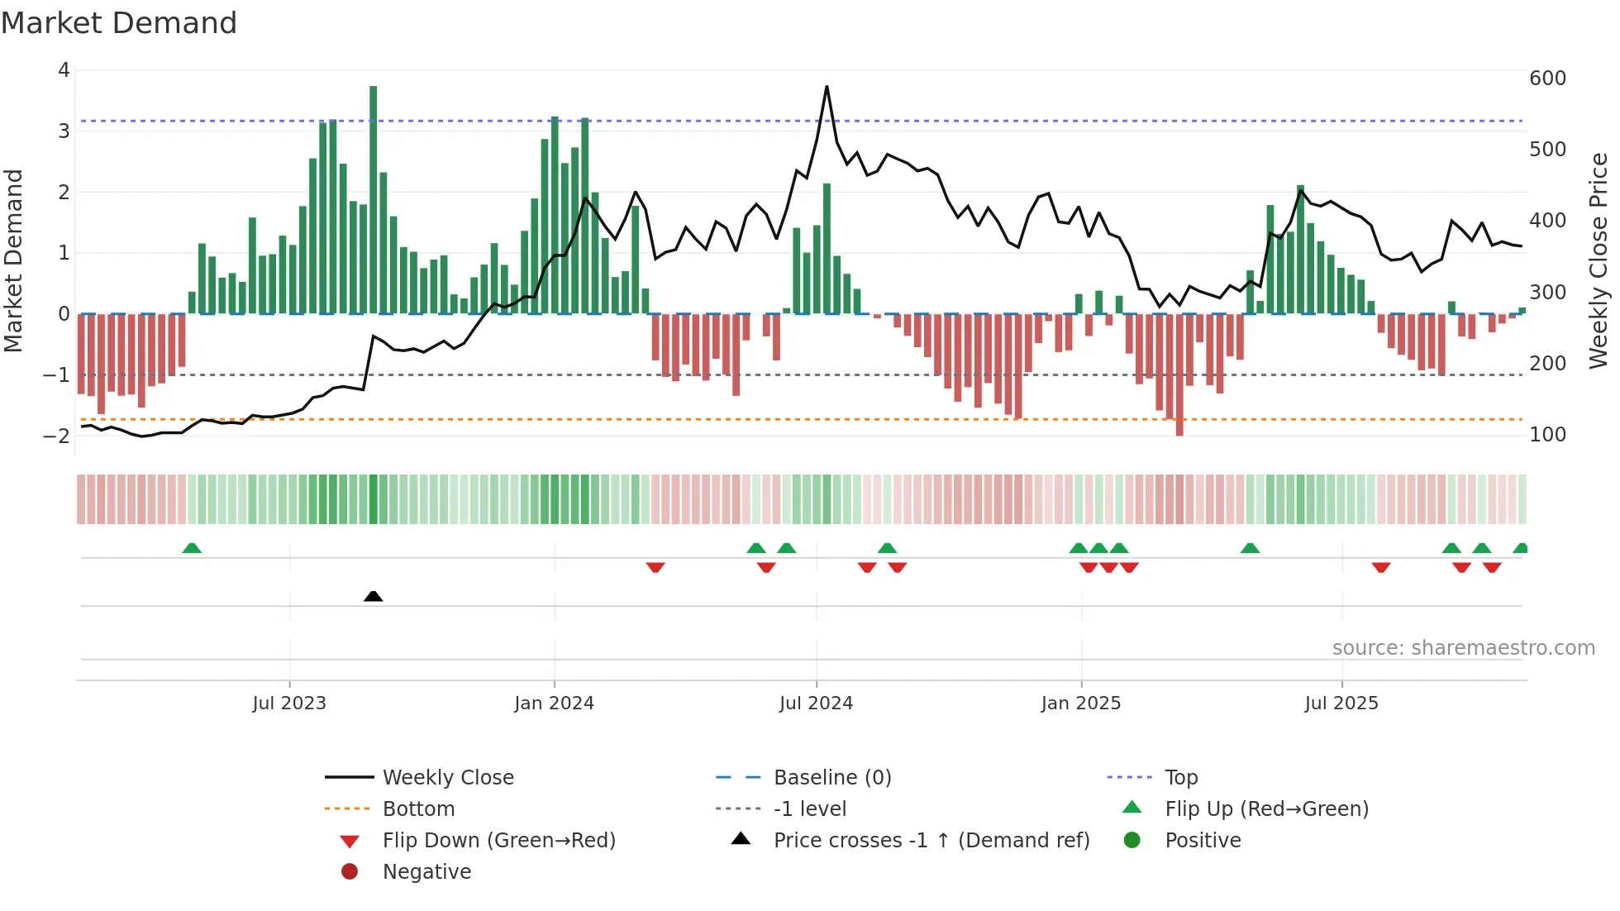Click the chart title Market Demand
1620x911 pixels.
[119, 23]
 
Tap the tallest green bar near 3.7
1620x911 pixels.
[374, 198]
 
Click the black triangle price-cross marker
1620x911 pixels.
[374, 596]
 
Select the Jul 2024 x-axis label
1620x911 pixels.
[816, 704]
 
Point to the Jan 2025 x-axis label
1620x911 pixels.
[1080, 704]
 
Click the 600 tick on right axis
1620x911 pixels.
[1547, 79]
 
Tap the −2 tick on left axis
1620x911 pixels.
[56, 436]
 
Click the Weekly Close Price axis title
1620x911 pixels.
[1599, 260]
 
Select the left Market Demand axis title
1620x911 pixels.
[13, 260]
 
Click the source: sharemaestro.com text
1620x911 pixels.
[1463, 648]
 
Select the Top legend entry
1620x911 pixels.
[1180, 778]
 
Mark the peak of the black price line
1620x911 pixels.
[827, 87]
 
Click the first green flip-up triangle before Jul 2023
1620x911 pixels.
[192, 548]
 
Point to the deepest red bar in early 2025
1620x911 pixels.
[1179, 376]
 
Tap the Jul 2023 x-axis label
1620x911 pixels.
[289, 704]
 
